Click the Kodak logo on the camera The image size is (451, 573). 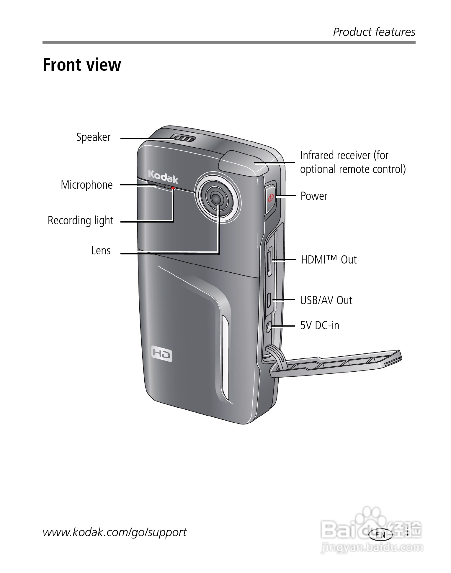pos(163,177)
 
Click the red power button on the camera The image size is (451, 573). pos(271,198)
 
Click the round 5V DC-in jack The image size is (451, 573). pos(268,326)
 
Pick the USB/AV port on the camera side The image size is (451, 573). pos(269,300)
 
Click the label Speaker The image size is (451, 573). pos(93,137)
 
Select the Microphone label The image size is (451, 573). pos(86,185)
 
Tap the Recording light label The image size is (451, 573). pos(81,221)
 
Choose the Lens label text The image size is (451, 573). pos(101,251)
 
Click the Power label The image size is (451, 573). pos(314,196)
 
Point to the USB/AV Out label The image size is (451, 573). pos(326,301)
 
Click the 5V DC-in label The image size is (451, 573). pos(320,326)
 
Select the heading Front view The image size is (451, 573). pos(82,65)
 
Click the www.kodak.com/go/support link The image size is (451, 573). pos(115,532)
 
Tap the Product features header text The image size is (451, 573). pos(374,32)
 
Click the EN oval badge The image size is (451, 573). pos(381,534)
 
